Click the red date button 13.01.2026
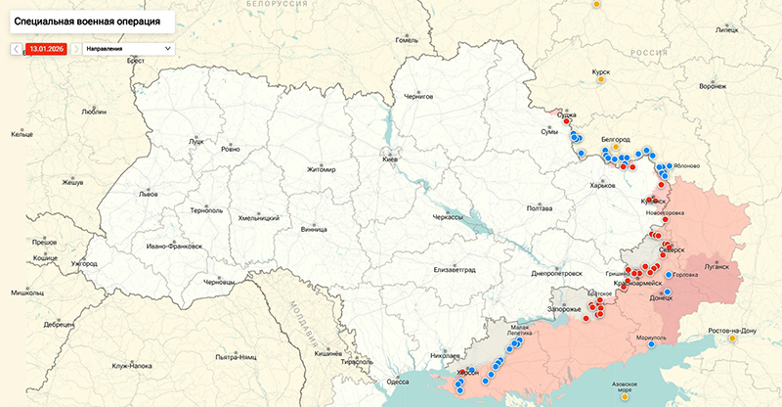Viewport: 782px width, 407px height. [46, 48]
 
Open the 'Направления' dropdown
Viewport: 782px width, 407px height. [128, 48]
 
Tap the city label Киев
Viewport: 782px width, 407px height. [390, 158]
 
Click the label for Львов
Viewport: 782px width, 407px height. [148, 194]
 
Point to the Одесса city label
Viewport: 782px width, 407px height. [398, 382]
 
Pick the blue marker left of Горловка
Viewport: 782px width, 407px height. [669, 276]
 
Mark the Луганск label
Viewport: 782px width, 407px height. [717, 265]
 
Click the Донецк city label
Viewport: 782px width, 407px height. [662, 298]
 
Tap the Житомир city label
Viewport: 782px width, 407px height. [321, 169]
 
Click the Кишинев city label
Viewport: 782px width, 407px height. [327, 351]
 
